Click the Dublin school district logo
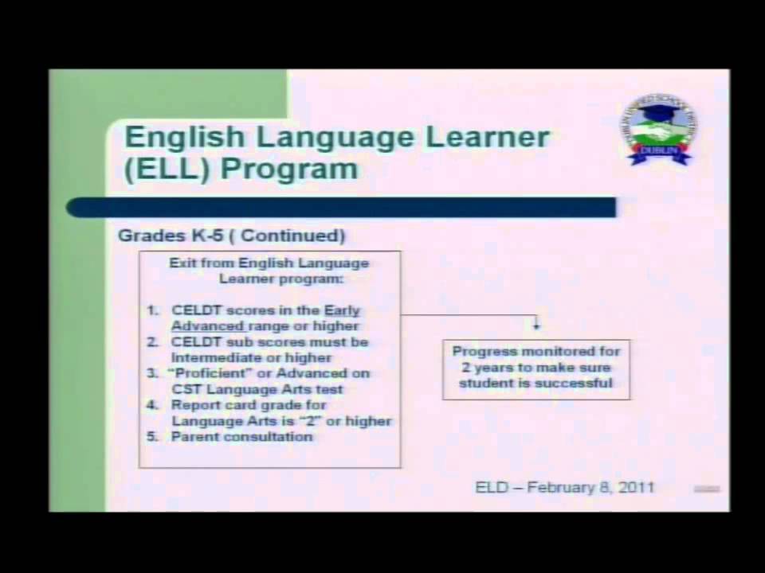[657, 130]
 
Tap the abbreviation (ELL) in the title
[167, 169]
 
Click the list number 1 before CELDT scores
[153, 310]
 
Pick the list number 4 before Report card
[153, 405]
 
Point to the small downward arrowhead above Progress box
[536, 325]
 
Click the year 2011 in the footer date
[636, 486]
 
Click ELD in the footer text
[491, 486]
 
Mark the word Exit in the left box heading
[181, 263]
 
